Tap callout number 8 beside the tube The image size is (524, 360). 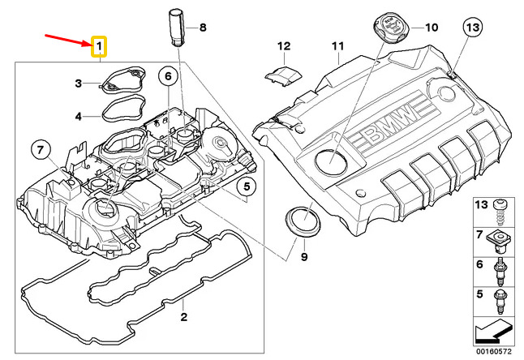[203, 28]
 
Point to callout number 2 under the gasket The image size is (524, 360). [184, 316]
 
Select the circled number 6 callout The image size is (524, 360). [169, 77]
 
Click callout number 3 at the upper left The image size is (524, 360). [79, 83]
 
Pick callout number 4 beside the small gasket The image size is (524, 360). [79, 116]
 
